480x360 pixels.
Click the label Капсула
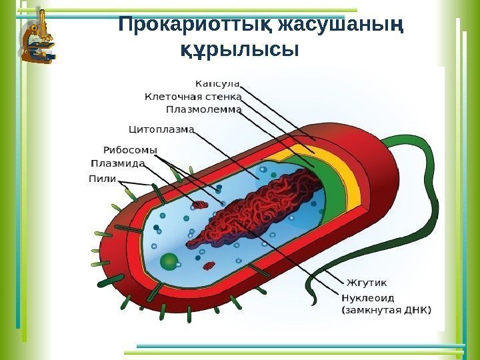click(217, 84)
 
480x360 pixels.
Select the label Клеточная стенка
click(193, 97)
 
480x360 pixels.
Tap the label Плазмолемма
click(203, 109)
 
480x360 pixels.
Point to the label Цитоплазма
click(161, 128)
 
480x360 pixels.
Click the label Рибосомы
click(130, 150)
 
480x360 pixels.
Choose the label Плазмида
click(117, 163)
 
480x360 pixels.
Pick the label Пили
click(102, 178)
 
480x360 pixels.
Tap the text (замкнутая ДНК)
click(386, 310)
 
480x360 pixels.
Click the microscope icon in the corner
click(37, 38)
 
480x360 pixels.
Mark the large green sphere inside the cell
click(170, 261)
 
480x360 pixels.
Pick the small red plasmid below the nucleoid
click(209, 266)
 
